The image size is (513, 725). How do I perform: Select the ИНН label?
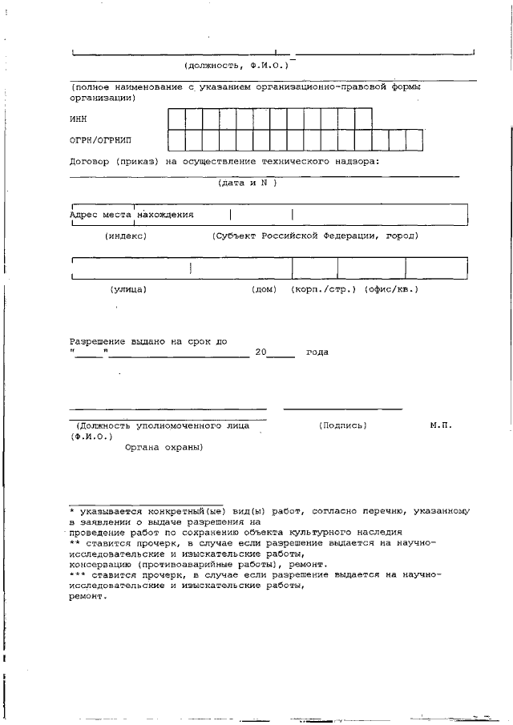point(79,119)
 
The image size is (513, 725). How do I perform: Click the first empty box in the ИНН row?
point(176,119)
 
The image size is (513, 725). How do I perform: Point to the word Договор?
point(91,161)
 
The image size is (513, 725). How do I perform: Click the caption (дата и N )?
point(247,183)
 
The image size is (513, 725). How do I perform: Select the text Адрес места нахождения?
point(131,215)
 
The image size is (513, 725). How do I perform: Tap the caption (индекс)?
point(126,236)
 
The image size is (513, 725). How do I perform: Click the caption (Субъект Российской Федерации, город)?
point(314,236)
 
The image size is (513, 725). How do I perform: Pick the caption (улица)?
point(128,289)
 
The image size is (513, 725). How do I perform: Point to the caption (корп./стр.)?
point(323,289)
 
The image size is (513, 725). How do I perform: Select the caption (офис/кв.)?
point(391,289)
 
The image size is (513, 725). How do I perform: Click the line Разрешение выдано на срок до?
point(148,341)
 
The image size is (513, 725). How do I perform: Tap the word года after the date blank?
point(317,352)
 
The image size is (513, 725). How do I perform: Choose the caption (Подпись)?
point(342,425)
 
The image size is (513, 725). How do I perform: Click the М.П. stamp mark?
point(440,425)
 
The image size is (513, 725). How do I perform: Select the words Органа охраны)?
point(164,447)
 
